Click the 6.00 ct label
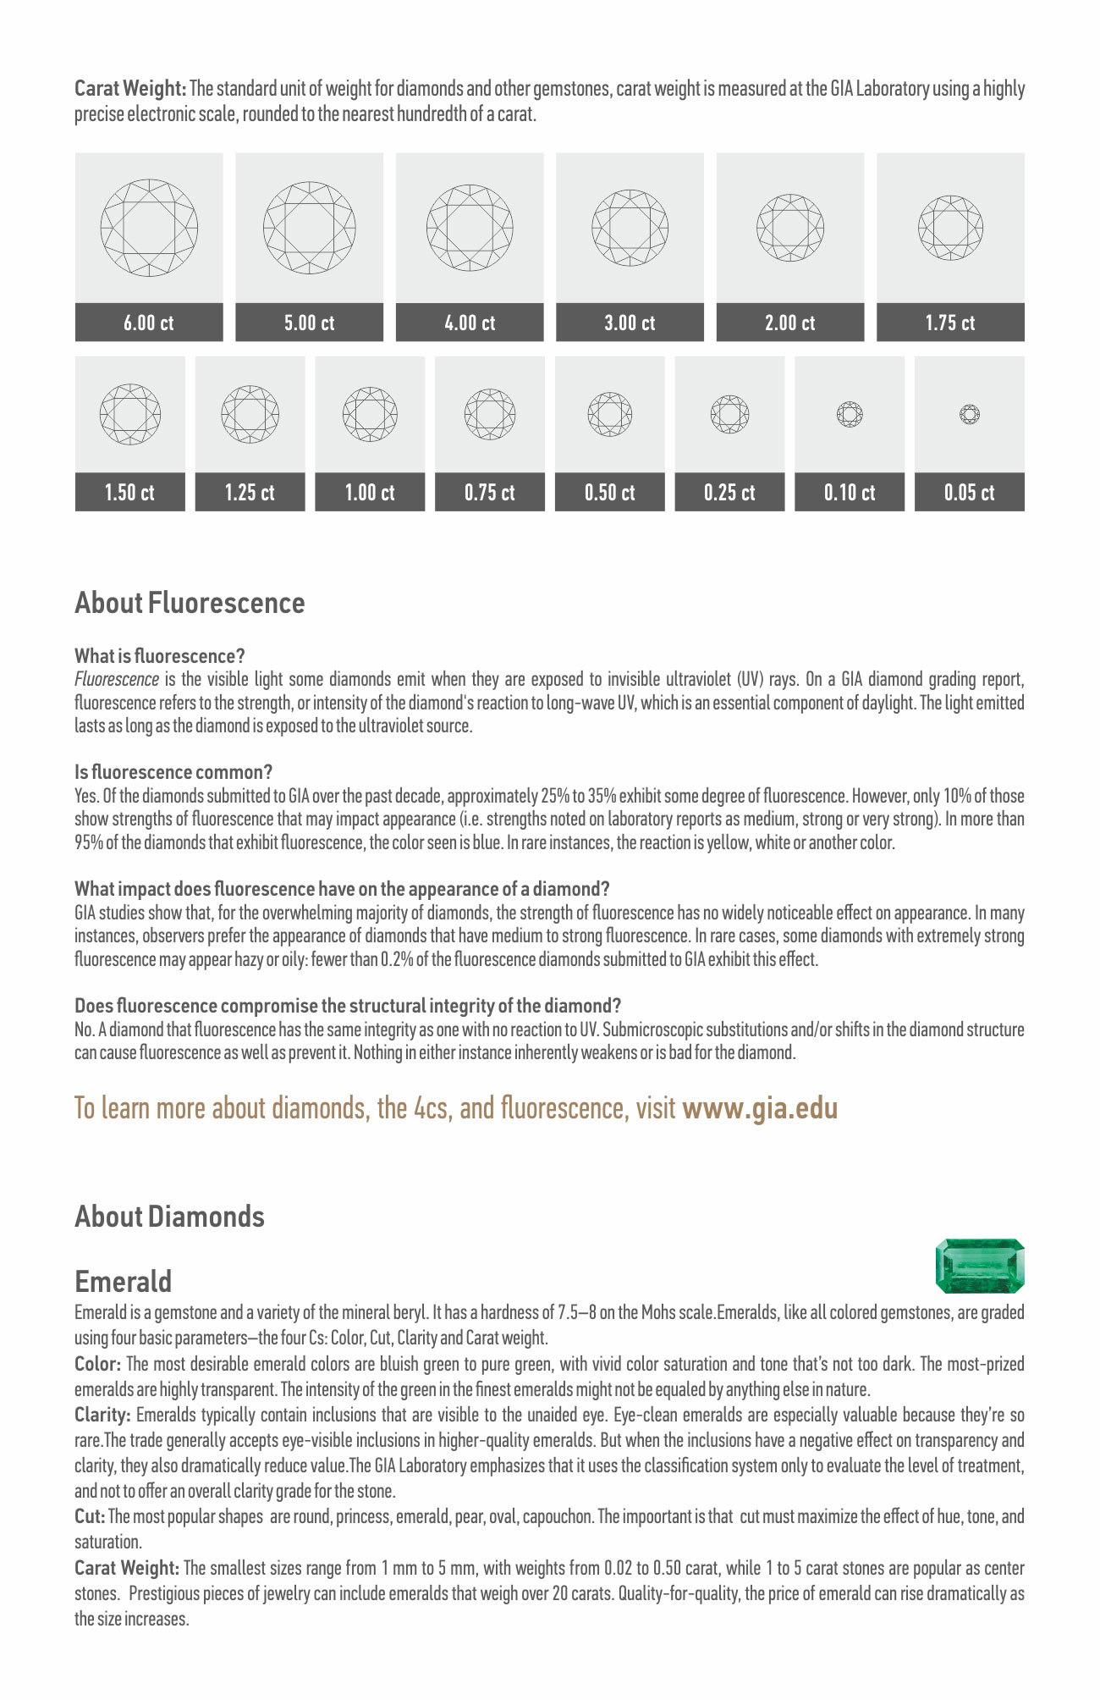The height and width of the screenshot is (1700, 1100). coord(149,323)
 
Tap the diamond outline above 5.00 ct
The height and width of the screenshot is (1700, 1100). coord(309,228)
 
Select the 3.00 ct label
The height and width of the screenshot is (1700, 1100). coord(630,323)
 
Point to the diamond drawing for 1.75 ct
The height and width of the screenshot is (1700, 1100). coord(950,228)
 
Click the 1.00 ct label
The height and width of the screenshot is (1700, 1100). coord(370,493)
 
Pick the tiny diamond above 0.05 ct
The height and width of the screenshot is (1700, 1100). coord(970,415)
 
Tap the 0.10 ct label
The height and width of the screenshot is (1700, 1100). coord(850,493)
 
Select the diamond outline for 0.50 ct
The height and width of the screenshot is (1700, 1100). coord(610,415)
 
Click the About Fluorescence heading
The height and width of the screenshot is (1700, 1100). coord(190,603)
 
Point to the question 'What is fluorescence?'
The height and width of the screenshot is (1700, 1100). coord(160,656)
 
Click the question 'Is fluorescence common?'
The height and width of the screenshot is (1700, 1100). coord(173,772)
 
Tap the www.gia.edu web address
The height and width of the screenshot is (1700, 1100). coord(760,1108)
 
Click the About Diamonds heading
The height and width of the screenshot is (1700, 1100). coord(169,1217)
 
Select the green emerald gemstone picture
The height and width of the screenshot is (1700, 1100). coord(980,1266)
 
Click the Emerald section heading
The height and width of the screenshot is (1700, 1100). coord(124,1282)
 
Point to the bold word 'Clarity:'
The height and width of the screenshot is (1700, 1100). coord(102,1415)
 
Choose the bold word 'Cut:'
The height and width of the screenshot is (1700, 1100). coord(90,1516)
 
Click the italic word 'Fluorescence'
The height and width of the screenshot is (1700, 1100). coord(117,680)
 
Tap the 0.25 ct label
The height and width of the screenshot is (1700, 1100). coord(729,493)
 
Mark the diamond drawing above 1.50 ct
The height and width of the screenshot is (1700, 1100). coord(129,415)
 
